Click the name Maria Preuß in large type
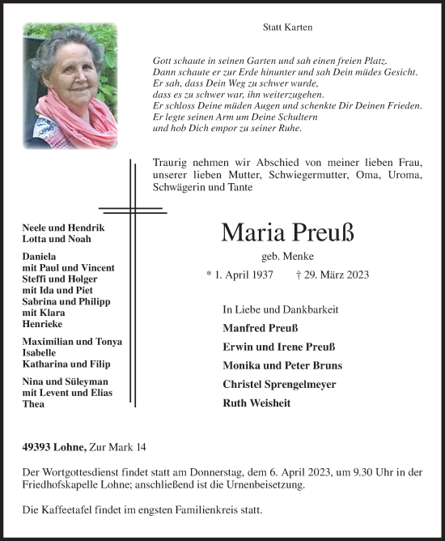tap(287, 233)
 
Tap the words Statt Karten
tap(287, 27)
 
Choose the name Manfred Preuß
tap(260, 328)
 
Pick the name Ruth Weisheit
tap(257, 403)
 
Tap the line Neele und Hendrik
tap(63, 228)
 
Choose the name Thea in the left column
tap(33, 404)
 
